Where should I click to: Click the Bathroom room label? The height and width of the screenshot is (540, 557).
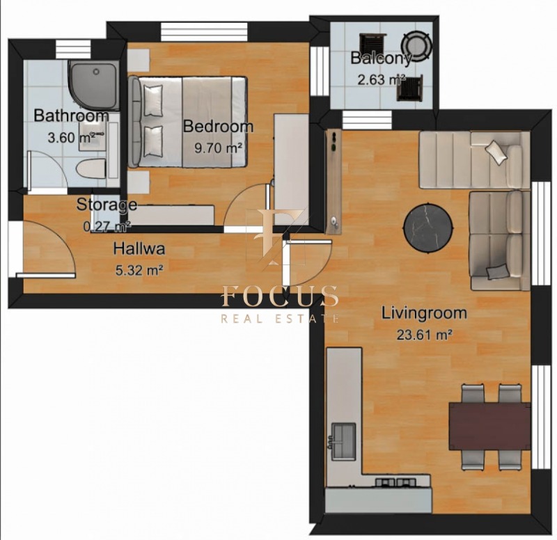tap(71, 116)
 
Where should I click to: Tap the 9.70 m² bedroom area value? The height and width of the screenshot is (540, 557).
tap(219, 148)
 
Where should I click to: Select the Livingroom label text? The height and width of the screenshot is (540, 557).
tap(424, 313)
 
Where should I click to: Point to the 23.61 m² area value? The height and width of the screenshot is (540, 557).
tap(424, 335)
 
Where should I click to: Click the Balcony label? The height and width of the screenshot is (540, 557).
tap(381, 58)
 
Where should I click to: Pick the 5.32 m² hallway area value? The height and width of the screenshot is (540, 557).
tap(139, 271)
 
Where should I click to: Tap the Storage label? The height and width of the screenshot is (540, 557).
tap(107, 205)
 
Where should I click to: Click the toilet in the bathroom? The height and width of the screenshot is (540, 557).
tap(91, 168)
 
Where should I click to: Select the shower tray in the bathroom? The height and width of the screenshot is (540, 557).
tap(94, 84)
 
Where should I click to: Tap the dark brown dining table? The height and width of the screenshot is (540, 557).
tap(489, 426)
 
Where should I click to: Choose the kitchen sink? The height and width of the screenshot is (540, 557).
tap(343, 440)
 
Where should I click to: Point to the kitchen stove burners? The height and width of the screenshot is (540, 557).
tap(395, 482)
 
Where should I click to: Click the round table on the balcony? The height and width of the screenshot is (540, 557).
tap(416, 46)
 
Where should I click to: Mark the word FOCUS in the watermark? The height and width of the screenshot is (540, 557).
tap(280, 296)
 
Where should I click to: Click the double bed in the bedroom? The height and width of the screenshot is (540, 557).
tap(187, 122)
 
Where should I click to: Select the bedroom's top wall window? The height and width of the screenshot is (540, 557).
tap(204, 32)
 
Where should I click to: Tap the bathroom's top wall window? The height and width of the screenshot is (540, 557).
tap(74, 49)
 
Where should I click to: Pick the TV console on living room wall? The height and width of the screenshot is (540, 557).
tap(334, 182)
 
